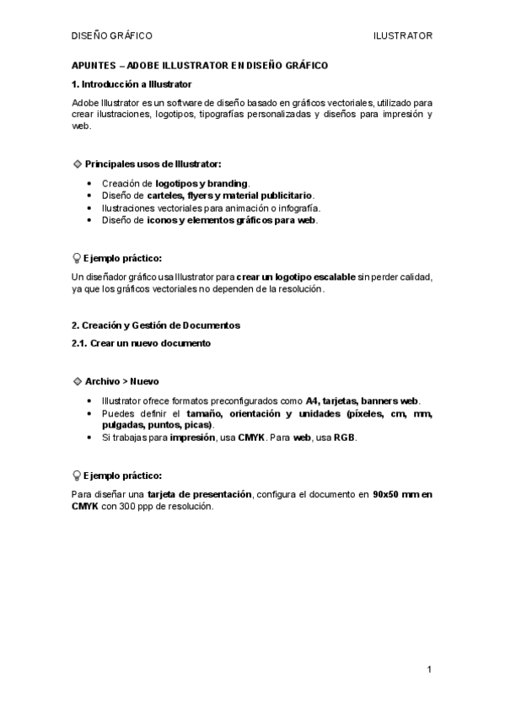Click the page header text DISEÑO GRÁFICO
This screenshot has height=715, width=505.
click(111, 36)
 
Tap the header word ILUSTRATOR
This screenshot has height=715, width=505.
click(403, 36)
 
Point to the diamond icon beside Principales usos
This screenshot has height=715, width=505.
click(78, 163)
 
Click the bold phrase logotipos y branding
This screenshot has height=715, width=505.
click(201, 183)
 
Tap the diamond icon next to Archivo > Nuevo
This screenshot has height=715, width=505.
click(78, 381)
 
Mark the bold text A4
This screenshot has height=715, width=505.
click(311, 401)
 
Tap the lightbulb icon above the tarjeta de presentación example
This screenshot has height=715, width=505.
click(77, 476)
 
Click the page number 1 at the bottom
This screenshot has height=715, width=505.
click(429, 669)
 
